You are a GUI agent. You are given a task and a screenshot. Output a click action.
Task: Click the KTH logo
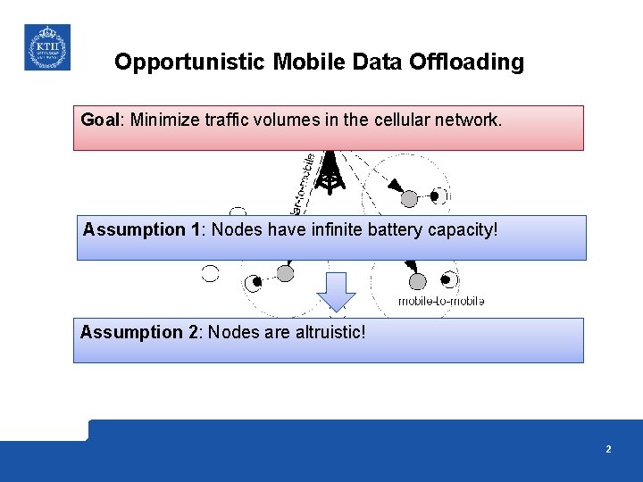click(x=46, y=47)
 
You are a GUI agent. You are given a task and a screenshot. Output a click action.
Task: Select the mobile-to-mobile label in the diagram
click(x=441, y=302)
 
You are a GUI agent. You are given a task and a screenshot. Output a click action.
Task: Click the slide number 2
click(x=608, y=450)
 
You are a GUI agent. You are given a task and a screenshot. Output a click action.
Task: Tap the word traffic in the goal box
click(x=230, y=120)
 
